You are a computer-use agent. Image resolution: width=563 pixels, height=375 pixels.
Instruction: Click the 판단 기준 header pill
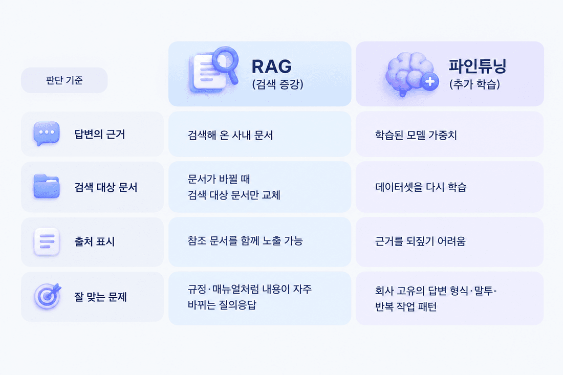64,80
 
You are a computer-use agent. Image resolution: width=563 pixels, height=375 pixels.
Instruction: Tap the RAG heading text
271,67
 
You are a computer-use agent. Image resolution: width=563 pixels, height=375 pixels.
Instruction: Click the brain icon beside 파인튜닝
412,74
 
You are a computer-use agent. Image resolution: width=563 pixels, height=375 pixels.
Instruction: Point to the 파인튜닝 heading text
477,65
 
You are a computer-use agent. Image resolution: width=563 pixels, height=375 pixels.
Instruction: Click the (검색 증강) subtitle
277,84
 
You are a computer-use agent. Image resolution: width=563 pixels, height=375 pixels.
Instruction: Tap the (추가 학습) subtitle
474,84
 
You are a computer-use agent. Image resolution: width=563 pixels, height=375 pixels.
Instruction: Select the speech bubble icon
46,134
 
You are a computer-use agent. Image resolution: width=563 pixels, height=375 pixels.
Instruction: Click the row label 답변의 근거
99,134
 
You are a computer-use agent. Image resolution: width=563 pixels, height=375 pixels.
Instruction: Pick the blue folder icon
46,186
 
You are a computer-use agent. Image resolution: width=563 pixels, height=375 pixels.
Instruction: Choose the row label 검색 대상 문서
105,187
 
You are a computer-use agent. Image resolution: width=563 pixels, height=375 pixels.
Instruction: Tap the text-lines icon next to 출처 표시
47,241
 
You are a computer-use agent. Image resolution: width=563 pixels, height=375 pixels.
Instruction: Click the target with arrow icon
48,296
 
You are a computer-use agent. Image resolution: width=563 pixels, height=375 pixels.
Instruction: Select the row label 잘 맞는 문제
100,297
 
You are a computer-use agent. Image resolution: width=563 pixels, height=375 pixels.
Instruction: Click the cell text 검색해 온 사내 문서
230,135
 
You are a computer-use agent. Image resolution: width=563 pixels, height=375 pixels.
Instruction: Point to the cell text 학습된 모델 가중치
416,135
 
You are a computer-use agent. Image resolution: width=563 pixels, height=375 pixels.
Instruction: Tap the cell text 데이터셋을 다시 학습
420,187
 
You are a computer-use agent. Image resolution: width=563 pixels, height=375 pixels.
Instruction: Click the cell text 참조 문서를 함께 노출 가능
245,241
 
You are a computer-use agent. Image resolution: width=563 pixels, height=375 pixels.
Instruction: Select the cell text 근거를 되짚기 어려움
420,241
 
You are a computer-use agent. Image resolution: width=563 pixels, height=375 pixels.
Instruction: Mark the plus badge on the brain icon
430,82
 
